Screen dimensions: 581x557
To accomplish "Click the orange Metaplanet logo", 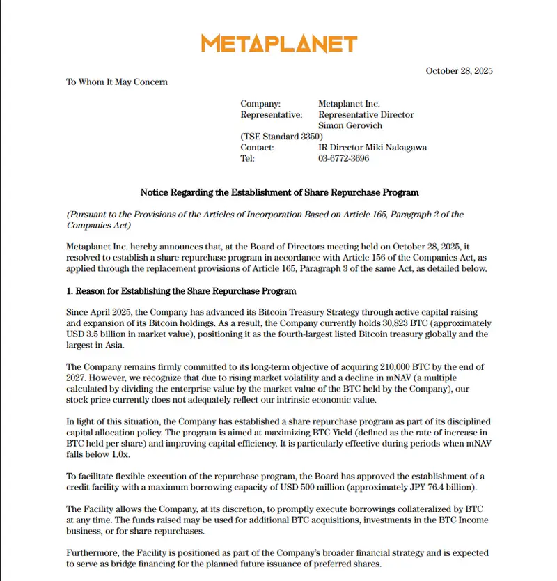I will click(x=278, y=44).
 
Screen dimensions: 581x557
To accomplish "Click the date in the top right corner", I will click(x=459, y=71).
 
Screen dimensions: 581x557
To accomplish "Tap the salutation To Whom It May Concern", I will click(x=117, y=82).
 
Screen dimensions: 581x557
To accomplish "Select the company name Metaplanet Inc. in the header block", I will click(x=349, y=104).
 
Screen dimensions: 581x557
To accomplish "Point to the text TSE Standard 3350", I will click(x=281, y=137).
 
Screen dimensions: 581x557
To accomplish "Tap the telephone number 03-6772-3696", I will click(x=343, y=159).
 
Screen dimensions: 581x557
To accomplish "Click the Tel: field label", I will click(x=248, y=159).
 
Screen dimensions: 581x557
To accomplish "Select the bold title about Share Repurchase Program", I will click(x=279, y=192).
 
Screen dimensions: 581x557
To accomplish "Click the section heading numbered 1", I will click(x=181, y=291).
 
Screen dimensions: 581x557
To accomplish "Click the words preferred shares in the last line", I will click(x=347, y=564).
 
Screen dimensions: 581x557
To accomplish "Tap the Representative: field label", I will click(x=272, y=115).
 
